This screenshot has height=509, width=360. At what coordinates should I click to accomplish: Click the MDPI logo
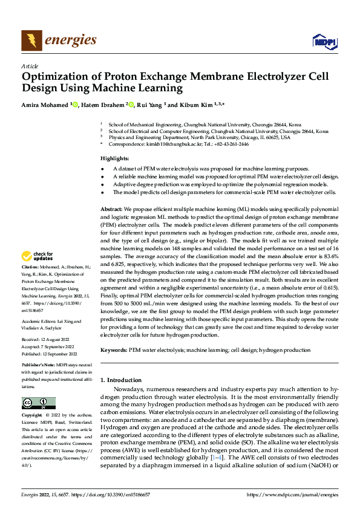click(323, 41)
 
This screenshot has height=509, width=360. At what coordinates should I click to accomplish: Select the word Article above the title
click(29, 66)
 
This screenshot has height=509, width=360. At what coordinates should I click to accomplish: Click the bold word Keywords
click(113, 350)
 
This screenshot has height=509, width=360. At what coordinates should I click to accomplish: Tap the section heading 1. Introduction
click(121, 380)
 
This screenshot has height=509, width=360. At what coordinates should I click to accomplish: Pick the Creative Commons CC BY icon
click(39, 403)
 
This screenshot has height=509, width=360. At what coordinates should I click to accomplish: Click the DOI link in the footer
click(119, 494)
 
